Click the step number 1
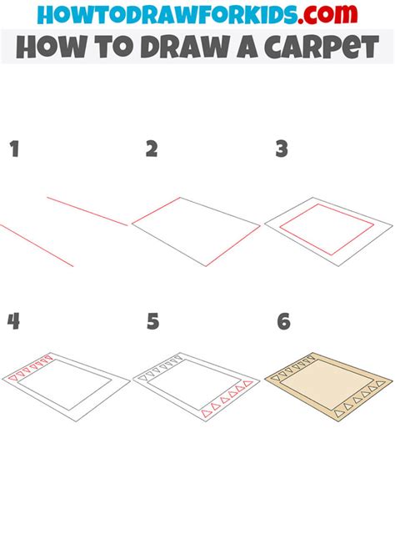tap(13, 150)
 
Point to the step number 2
tap(151, 150)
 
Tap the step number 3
tap(282, 150)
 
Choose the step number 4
tap(13, 322)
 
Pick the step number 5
tap(151, 322)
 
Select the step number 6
tap(282, 322)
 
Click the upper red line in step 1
tap(87, 211)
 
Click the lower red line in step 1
tap(37, 245)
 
